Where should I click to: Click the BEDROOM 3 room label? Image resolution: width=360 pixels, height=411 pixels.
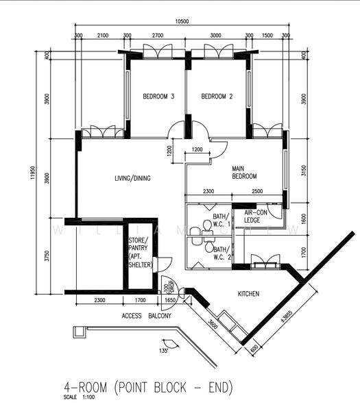[x=158, y=97]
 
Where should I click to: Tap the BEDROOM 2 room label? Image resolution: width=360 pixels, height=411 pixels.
[x=217, y=97]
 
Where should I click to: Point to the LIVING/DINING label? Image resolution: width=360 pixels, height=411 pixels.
[x=132, y=179]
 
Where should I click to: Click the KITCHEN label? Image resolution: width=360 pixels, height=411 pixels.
[x=248, y=294]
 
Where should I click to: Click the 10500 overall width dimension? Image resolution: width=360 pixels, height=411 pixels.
[x=182, y=21]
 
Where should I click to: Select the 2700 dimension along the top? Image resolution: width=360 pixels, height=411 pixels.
[x=157, y=34]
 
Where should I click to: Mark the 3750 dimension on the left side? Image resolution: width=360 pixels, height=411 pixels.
[x=47, y=258]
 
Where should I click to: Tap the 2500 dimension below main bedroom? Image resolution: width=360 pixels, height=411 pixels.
[x=257, y=191]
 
